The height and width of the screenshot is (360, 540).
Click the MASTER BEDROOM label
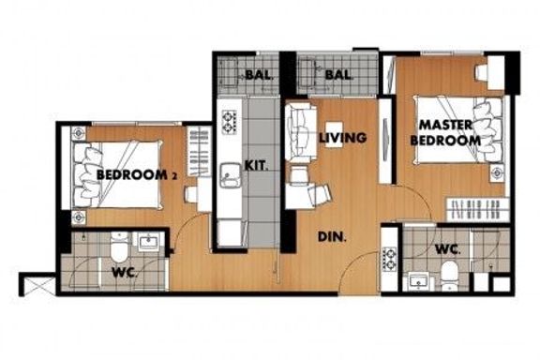445,133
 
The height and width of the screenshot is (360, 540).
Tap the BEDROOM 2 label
137,175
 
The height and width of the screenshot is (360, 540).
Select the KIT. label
256,166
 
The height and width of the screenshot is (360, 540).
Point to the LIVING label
342,138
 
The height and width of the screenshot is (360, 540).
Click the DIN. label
332,236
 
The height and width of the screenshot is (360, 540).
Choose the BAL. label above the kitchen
260,74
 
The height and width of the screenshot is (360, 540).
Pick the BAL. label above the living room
338,74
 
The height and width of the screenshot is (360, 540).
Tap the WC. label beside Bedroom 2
125,273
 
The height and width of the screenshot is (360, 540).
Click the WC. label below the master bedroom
448,249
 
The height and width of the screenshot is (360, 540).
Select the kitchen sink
231,175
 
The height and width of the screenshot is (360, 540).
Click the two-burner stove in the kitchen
229,122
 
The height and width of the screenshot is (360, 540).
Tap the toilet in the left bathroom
119,247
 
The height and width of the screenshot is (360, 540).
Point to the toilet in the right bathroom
449,276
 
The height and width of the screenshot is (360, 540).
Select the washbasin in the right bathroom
418,281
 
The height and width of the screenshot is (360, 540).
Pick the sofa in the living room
301,131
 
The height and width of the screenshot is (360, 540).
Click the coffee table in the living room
334,134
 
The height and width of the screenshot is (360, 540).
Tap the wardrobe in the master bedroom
478,209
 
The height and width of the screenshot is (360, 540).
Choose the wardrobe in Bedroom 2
199,151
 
